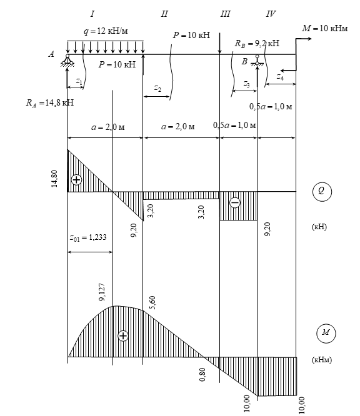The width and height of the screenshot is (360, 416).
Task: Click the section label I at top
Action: pyautogui.click(x=92, y=14)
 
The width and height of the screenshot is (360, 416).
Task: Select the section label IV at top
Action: pyautogui.click(x=271, y=14)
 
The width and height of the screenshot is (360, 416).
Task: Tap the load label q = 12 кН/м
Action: pyautogui.click(x=106, y=31)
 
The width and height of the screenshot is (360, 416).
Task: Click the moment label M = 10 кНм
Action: pyautogui.click(x=325, y=28)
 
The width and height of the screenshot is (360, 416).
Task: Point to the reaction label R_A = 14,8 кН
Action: pyautogui.click(x=50, y=102)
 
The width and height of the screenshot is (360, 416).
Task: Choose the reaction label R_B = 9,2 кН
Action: pyautogui.click(x=257, y=43)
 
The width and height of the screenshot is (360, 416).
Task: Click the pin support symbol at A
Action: pyautogui.click(x=67, y=61)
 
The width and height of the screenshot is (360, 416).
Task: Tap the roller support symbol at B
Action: pyautogui.click(x=257, y=61)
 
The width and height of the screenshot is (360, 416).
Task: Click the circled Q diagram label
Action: pyautogui.click(x=322, y=191)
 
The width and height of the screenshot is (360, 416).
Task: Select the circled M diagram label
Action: pyautogui.click(x=326, y=333)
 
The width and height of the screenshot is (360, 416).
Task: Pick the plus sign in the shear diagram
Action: pyautogui.click(x=76, y=180)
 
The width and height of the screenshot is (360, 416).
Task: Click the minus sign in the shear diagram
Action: pyautogui.click(x=235, y=203)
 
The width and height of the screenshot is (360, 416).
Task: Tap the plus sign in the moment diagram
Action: pyautogui.click(x=123, y=335)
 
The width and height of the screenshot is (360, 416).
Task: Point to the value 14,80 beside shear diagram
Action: pyautogui.click(x=54, y=179)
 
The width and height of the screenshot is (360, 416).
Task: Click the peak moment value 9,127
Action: pyautogui.click(x=102, y=292)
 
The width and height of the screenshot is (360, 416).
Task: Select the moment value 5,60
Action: pyautogui.click(x=152, y=303)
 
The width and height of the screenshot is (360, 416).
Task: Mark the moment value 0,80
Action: pyautogui.click(x=202, y=374)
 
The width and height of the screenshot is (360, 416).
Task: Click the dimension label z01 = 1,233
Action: pyautogui.click(x=88, y=237)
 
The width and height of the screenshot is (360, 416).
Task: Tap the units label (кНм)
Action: pyautogui.click(x=321, y=360)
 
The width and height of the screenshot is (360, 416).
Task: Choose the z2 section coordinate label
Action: pyautogui.click(x=157, y=88)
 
